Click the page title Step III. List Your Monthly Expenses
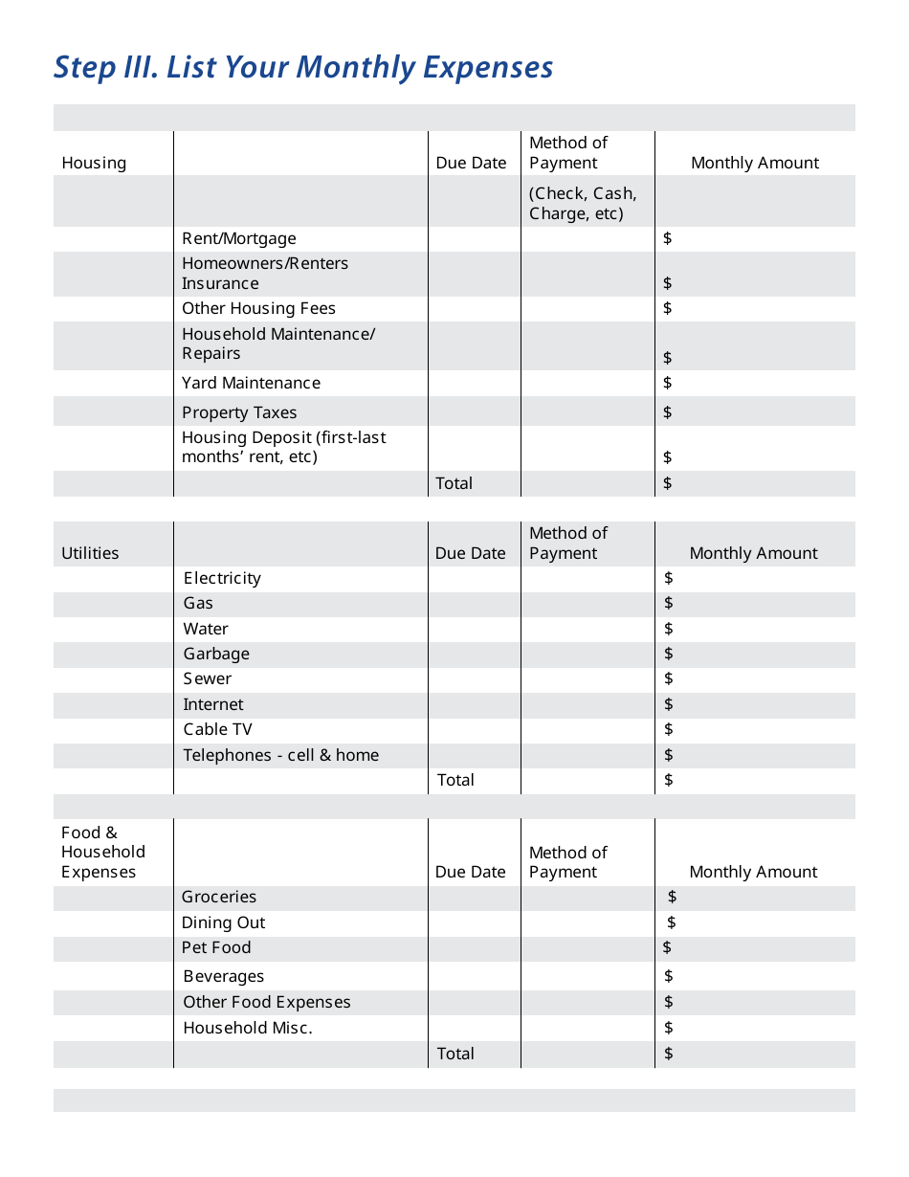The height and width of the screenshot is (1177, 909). point(303,68)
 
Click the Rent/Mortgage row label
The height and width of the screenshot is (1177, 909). point(239,238)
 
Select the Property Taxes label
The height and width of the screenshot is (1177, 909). point(239,412)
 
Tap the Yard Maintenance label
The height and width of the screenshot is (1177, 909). point(251,383)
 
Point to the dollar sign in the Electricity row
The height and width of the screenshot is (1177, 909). point(668,578)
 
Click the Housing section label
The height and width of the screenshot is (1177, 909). point(94,163)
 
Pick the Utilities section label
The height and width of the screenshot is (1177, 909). point(90,553)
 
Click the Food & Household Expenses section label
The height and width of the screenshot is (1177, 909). point(102,852)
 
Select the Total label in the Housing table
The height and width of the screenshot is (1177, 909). point(454,483)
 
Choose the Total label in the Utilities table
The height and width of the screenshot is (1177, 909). point(455,780)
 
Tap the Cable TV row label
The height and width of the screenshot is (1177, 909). point(218,729)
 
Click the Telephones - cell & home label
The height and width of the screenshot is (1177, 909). point(281,755)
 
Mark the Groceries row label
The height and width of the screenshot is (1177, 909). point(219,897)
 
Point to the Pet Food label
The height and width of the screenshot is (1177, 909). point(216,947)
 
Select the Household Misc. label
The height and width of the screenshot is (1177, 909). point(248,1028)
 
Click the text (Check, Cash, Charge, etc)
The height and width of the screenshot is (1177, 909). point(583,203)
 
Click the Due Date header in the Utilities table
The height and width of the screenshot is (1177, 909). point(470,553)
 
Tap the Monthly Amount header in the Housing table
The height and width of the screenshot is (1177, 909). point(755,163)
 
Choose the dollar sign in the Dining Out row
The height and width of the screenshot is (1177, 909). point(672,922)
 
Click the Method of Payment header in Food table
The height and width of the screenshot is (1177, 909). point(568,862)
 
